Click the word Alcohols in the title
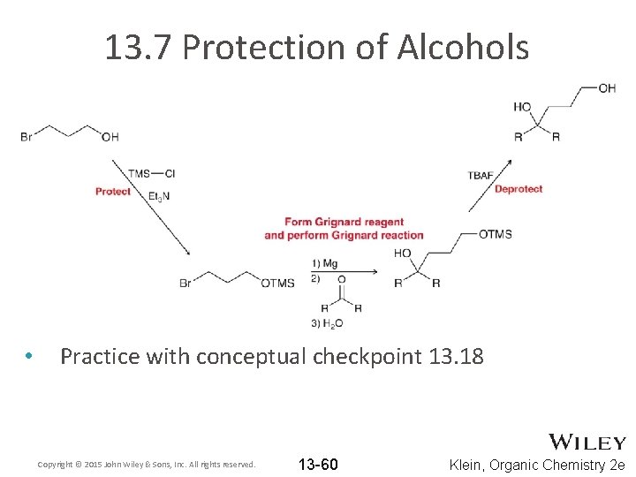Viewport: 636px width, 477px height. [463, 47]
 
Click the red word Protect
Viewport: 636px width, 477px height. [112, 191]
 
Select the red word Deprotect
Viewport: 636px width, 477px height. [519, 188]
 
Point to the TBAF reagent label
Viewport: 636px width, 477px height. [482, 175]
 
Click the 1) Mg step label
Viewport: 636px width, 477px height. [324, 263]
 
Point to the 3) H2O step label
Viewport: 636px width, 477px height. [327, 324]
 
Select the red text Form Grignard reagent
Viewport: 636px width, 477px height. [344, 222]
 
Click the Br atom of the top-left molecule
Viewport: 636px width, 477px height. [26, 137]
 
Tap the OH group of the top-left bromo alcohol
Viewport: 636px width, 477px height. [110, 137]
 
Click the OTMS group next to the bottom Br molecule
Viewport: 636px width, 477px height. [277, 283]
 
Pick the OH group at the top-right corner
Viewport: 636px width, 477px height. [607, 87]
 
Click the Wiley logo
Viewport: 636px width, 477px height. [587, 443]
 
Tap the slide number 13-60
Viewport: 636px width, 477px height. [318, 465]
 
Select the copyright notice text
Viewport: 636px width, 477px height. [147, 465]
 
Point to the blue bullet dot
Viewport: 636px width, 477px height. [29, 357]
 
